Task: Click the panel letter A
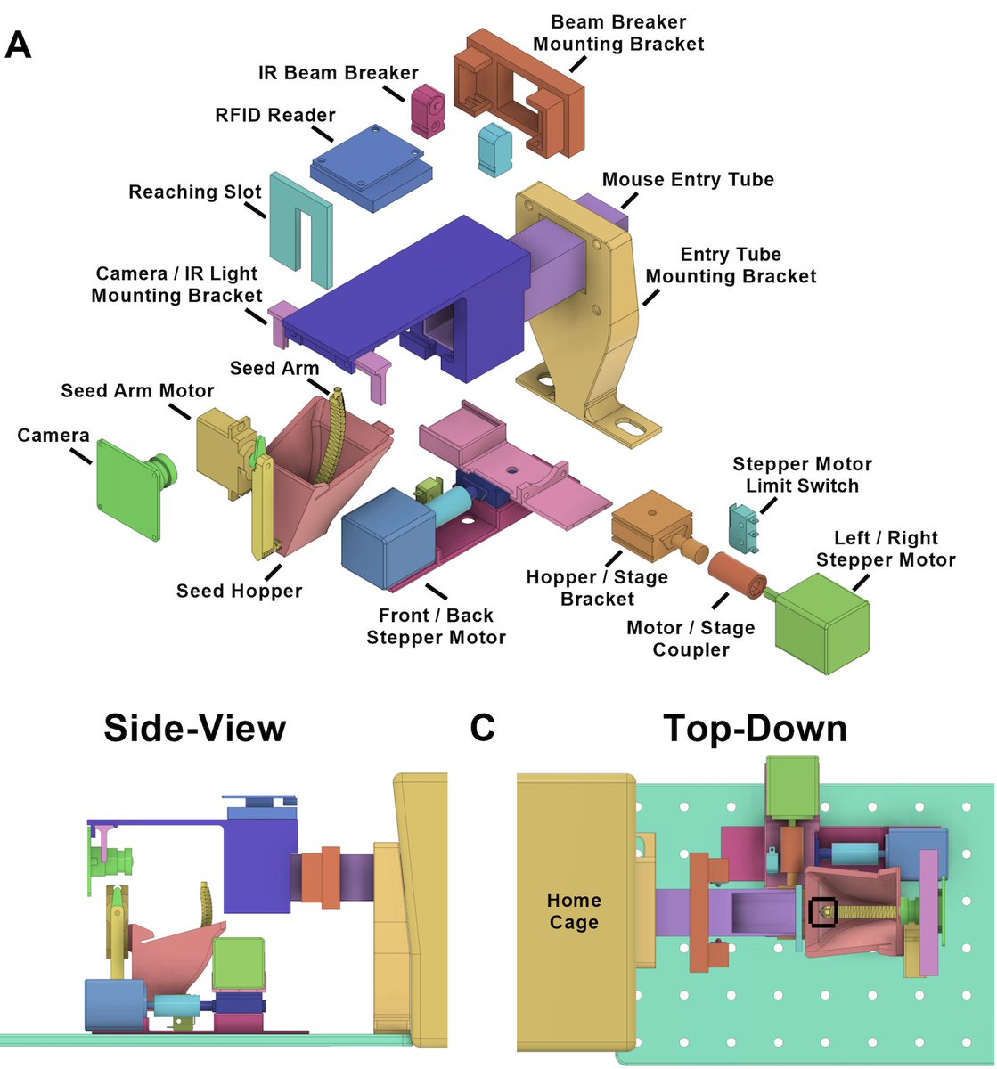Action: click(x=19, y=44)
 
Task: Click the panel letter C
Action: click(x=482, y=728)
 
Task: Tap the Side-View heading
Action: click(x=195, y=728)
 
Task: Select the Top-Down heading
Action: click(x=754, y=728)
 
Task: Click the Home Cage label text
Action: click(x=574, y=910)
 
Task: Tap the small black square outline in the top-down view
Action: click(x=822, y=911)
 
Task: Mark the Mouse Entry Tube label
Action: click(x=688, y=180)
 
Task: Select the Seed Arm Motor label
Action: click(x=137, y=390)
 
